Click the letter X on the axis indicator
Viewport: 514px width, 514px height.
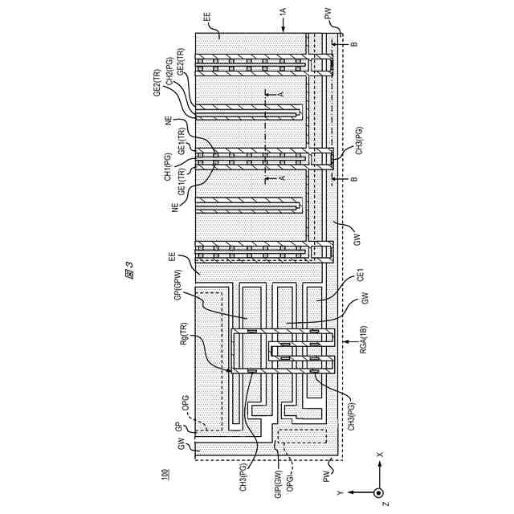[x=380, y=455]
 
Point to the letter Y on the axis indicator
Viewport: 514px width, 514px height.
[x=340, y=492]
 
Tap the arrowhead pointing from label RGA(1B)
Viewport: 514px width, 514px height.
[x=344, y=343]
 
